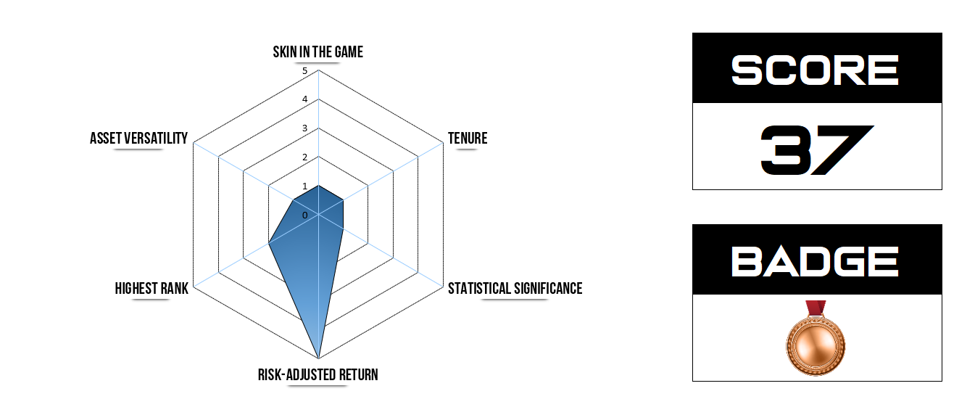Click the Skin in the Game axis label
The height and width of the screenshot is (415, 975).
point(318,52)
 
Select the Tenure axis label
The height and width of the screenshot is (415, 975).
point(468,138)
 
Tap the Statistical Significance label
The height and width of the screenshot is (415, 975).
point(515,288)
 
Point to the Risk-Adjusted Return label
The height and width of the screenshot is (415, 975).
point(318,374)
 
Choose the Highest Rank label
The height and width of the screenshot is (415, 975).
point(152,288)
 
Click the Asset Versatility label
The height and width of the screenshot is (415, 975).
point(138,138)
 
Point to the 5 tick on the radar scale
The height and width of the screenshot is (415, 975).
point(305,71)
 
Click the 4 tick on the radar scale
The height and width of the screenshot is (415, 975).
point(305,99)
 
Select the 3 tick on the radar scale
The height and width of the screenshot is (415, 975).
point(305,128)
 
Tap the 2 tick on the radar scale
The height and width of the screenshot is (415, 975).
point(305,157)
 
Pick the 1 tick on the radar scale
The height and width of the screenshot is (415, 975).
point(305,186)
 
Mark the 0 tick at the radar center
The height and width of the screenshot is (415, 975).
point(305,215)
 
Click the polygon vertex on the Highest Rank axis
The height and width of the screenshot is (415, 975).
point(269,243)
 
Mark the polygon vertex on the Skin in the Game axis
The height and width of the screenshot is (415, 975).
point(319,186)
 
